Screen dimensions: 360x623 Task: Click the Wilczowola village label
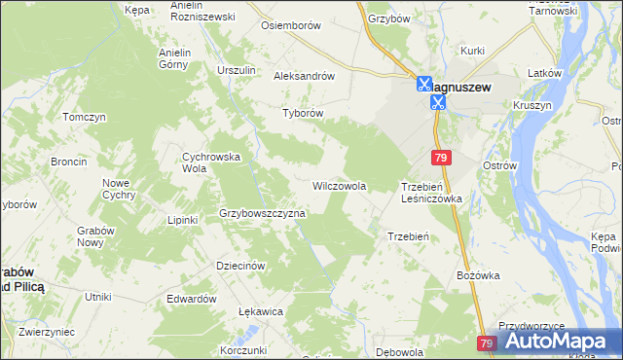(x=339, y=185)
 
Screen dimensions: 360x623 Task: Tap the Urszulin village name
(x=237, y=71)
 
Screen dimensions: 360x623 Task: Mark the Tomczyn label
(x=84, y=117)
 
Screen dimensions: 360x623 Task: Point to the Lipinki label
(x=182, y=220)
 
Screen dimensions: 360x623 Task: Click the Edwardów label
(x=191, y=299)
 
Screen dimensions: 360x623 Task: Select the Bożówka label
(x=478, y=275)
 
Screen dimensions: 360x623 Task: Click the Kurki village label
(x=473, y=50)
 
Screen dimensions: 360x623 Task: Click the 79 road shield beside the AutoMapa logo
(x=488, y=343)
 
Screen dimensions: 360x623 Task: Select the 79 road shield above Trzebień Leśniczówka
(x=442, y=158)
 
